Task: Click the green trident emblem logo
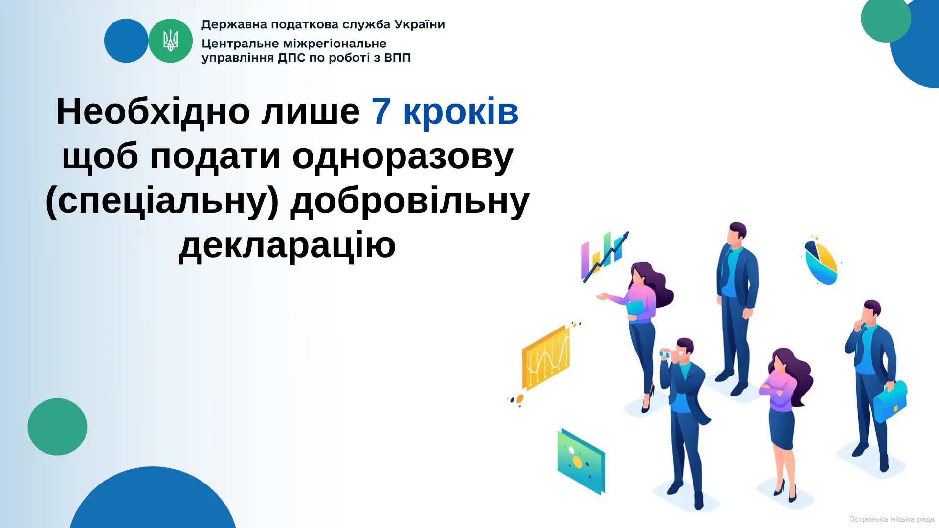(170, 41)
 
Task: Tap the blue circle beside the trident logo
(126, 41)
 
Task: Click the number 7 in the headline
(381, 111)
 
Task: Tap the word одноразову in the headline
(403, 156)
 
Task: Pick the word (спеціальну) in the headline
(162, 200)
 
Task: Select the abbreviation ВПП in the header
(397, 58)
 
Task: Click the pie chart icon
(821, 261)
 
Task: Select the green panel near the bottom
(581, 462)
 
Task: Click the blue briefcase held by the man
(891, 401)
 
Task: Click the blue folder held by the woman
(636, 308)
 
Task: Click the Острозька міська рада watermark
(891, 519)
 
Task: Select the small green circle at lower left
(57, 427)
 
